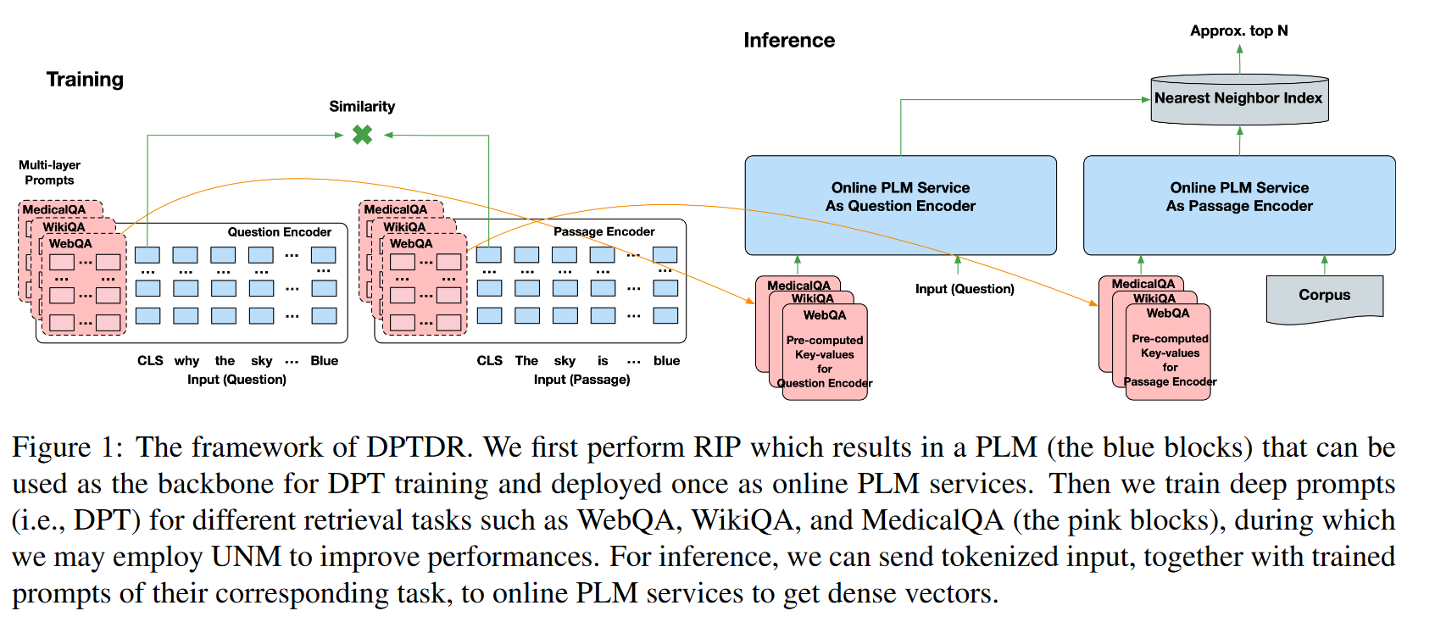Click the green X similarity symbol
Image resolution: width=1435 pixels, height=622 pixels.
coord(362,135)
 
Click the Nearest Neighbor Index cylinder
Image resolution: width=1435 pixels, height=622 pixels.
coord(1238,99)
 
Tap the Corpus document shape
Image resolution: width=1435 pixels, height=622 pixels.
coord(1324,297)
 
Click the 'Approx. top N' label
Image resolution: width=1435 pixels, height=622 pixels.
coord(1238,31)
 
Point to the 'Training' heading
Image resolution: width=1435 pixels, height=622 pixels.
coord(85,80)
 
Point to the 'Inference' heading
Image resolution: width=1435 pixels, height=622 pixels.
coord(788,41)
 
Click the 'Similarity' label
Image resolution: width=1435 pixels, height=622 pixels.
coord(362,107)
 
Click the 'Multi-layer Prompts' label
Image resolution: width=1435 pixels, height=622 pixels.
coord(49,173)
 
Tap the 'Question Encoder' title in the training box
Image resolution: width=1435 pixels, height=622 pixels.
coord(279,232)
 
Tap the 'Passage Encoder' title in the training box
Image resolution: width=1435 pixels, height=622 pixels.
coord(603,231)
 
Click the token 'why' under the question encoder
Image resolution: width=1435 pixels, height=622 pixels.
coord(186,361)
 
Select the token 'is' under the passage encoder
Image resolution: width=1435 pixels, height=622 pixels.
coord(603,361)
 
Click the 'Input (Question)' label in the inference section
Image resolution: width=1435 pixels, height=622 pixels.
coord(964,289)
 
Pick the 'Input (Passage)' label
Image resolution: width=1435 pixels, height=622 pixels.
coord(581,380)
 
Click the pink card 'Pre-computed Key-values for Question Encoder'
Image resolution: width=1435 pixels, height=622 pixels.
coord(824,356)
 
